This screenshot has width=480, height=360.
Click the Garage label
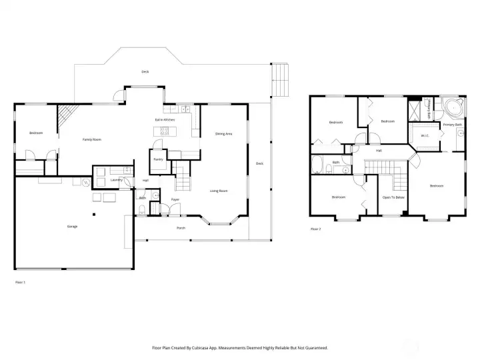coord(72,227)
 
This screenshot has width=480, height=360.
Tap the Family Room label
coord(91,139)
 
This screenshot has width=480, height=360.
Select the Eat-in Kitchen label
coord(165,119)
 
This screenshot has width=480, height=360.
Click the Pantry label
coord(158,159)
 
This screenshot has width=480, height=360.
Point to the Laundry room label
coord(116,179)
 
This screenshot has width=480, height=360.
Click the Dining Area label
coord(223,134)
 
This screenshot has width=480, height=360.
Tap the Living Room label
coord(219,191)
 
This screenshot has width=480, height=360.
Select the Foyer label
coord(175,199)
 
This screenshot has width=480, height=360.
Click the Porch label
coord(181,228)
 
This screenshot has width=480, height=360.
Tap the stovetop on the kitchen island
coord(162,133)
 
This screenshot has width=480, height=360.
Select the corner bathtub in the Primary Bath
coord(454,107)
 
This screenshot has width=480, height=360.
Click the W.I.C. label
coord(424,136)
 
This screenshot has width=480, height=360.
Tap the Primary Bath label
coord(453,125)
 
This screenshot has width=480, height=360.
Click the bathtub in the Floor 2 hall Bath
coord(318,163)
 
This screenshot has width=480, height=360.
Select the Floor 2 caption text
coord(316,229)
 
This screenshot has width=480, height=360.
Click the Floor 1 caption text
coord(20,283)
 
